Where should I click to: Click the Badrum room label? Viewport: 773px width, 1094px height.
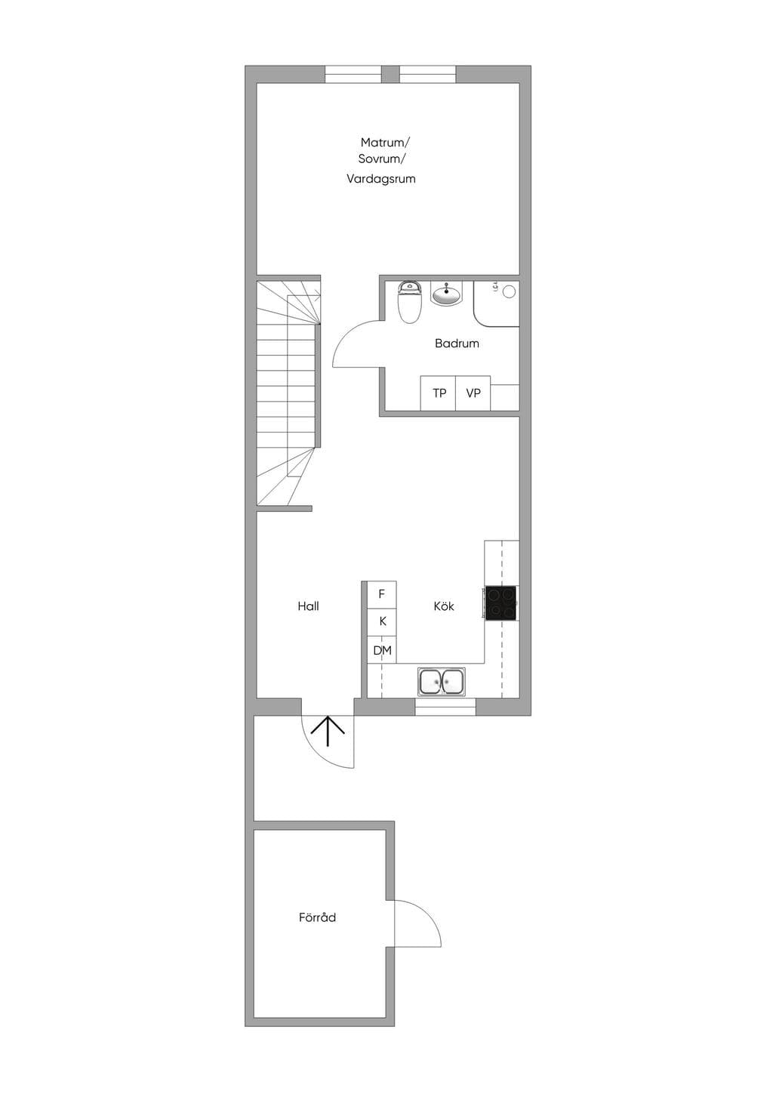(457, 344)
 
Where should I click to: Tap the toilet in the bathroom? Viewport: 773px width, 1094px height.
(409, 302)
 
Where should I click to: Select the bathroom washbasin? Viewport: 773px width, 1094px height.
(446, 294)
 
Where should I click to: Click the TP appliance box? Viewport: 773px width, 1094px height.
(438, 393)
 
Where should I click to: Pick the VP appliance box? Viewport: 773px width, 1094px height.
(473, 393)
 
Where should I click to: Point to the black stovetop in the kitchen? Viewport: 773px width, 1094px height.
(501, 604)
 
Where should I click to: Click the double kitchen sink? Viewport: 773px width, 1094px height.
(442, 681)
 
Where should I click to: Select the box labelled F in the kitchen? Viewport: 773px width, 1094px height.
(381, 594)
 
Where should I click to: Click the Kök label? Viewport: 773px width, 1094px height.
(444, 606)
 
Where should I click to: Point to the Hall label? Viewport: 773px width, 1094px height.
(308, 606)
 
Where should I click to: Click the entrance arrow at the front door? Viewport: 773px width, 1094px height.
(328, 732)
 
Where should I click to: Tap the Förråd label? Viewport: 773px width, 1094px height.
(317, 917)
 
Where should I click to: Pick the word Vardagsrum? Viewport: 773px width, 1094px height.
(381, 179)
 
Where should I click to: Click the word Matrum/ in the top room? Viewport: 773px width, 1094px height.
(385, 143)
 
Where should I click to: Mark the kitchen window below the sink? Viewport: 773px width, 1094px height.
(445, 707)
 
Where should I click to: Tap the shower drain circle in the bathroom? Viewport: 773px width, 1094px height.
(510, 292)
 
